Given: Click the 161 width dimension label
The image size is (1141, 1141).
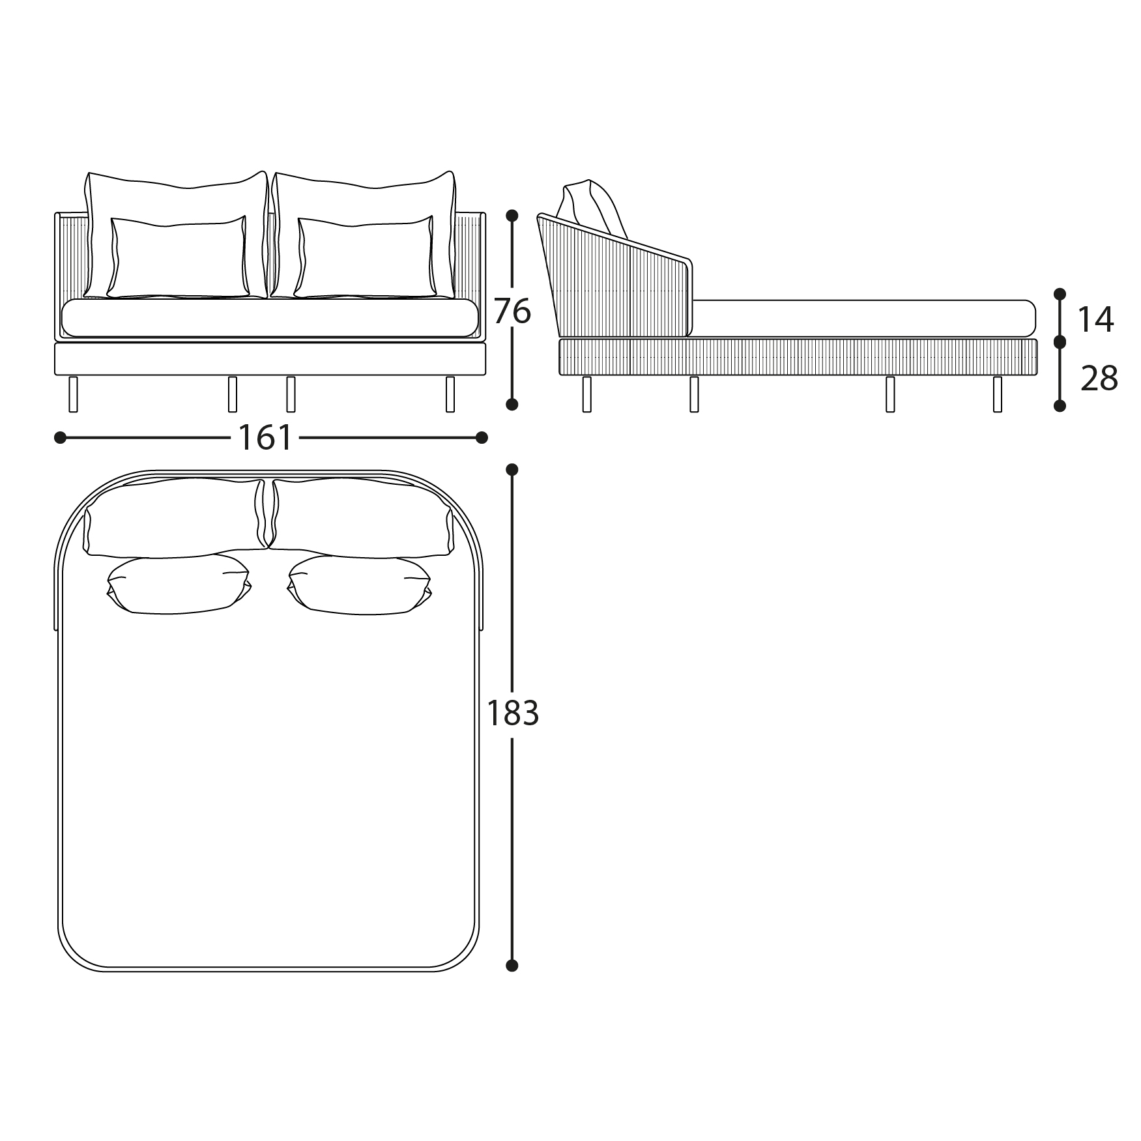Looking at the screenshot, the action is coord(266,437).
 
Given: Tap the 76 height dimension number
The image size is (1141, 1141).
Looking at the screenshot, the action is coord(512,311).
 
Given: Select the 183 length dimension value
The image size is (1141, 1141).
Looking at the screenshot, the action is coord(513,714).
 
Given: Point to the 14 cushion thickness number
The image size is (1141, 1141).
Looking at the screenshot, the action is coord(1095,320).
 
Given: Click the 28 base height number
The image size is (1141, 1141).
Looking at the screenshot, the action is coord(1099,379).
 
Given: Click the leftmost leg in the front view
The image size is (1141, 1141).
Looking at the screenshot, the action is coord(73,394).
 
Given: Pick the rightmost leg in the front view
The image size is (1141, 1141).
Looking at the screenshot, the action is coord(450,394).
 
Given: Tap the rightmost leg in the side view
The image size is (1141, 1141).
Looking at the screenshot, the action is coord(998,394).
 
